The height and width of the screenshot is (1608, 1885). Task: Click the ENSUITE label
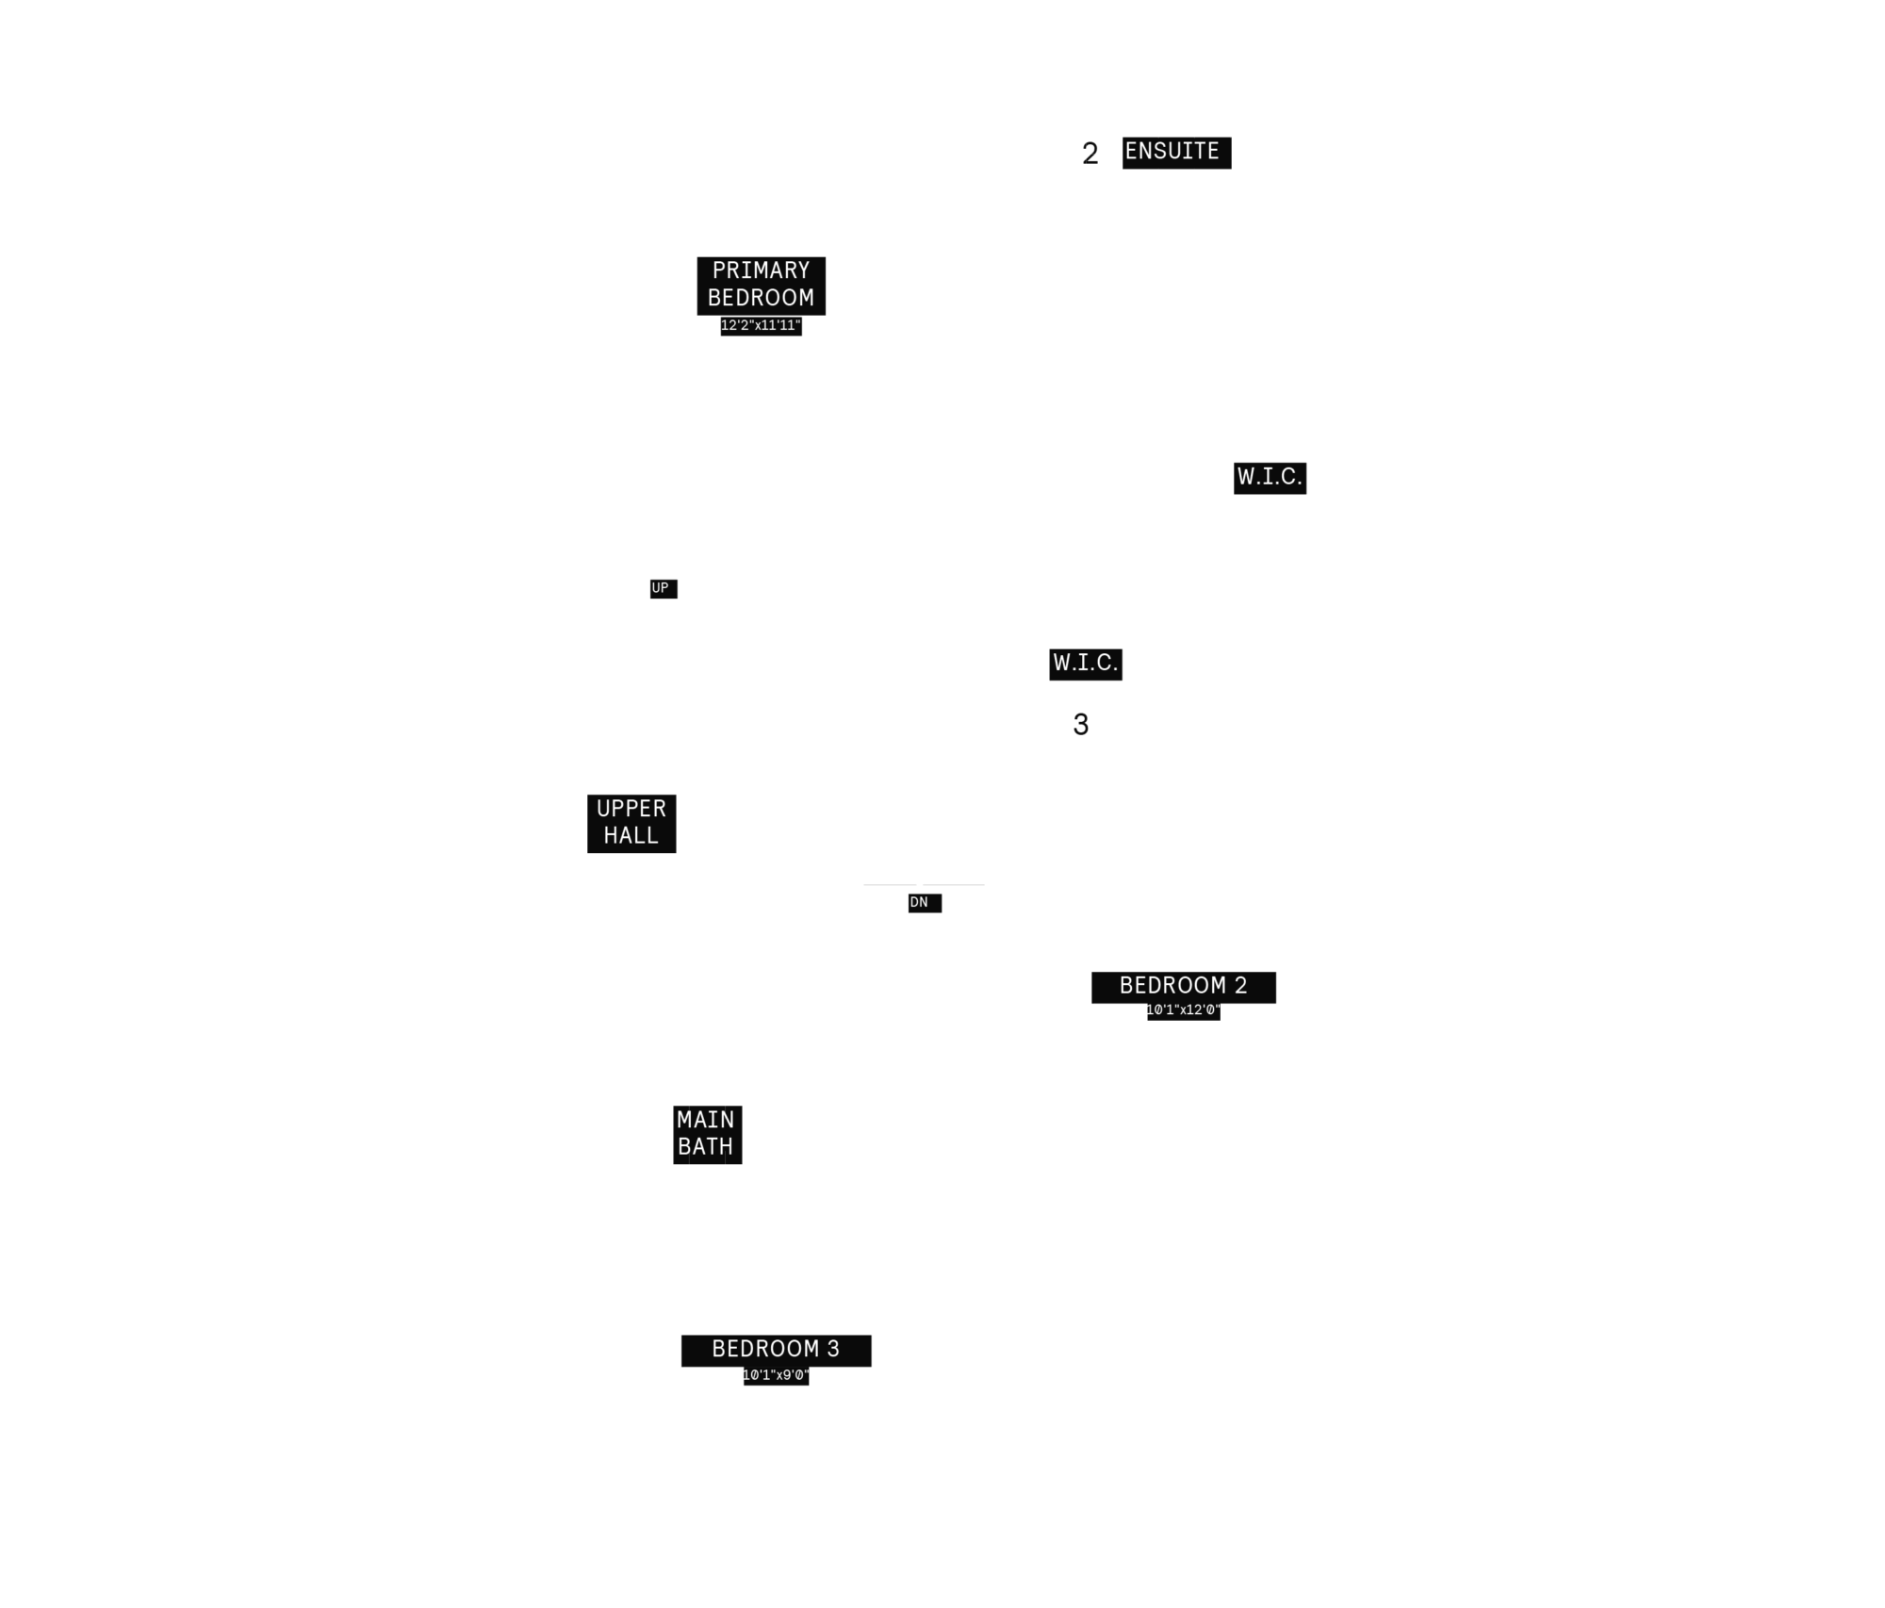[x=1172, y=152]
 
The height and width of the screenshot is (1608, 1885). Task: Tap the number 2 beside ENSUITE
[x=1090, y=154]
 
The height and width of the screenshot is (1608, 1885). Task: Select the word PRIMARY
[x=761, y=271]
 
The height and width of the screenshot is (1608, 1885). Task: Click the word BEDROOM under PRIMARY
[x=761, y=298]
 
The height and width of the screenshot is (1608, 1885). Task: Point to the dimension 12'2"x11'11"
[x=761, y=326]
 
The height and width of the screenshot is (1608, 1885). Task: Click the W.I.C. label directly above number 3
[x=1085, y=664]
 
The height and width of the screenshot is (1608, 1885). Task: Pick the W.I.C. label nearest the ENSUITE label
[x=1270, y=478]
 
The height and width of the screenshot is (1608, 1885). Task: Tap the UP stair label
[x=660, y=588]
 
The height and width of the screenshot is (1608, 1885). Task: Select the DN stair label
[x=919, y=903]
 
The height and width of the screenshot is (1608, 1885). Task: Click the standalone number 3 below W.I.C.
[x=1081, y=725]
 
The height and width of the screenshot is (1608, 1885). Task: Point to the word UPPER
[x=631, y=809]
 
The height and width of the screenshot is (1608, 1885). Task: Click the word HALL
[x=631, y=836]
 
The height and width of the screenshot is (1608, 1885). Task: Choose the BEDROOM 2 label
[x=1183, y=986]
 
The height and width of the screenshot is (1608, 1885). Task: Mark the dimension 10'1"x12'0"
[x=1183, y=1010]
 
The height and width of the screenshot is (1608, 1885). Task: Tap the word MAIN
[x=706, y=1120]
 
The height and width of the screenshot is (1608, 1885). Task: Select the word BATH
[x=706, y=1147]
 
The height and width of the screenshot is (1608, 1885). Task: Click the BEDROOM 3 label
[x=776, y=1350]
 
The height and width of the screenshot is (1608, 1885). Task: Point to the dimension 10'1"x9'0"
[x=776, y=1375]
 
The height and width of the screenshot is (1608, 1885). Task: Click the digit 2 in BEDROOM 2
[x=1240, y=986]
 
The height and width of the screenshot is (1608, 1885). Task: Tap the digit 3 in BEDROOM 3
[x=833, y=1350]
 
